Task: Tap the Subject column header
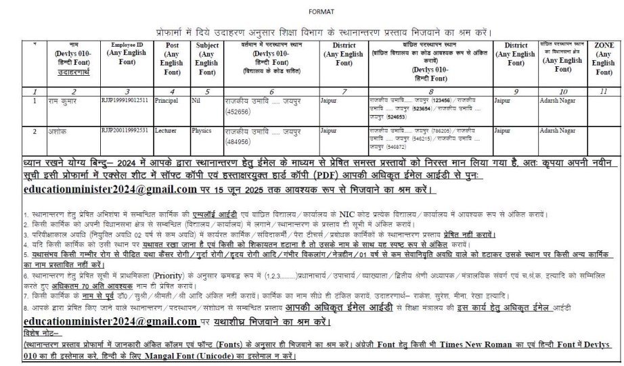[206, 58]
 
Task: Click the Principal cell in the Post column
[166, 99]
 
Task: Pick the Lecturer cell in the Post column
[166, 129]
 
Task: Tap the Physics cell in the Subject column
[201, 129]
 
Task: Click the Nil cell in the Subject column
[196, 99]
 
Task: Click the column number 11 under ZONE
[603, 90]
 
